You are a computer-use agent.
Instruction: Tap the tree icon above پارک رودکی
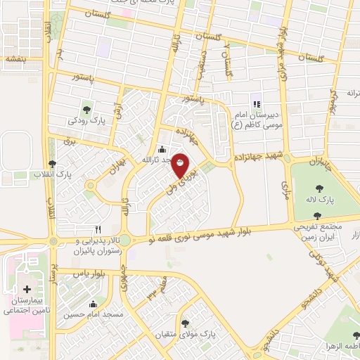(86, 109)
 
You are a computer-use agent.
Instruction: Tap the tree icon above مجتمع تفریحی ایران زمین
(317, 217)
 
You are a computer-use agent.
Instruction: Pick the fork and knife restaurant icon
(98, 229)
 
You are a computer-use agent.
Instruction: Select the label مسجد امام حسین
(93, 314)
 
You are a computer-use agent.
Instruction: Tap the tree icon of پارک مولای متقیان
(185, 323)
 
